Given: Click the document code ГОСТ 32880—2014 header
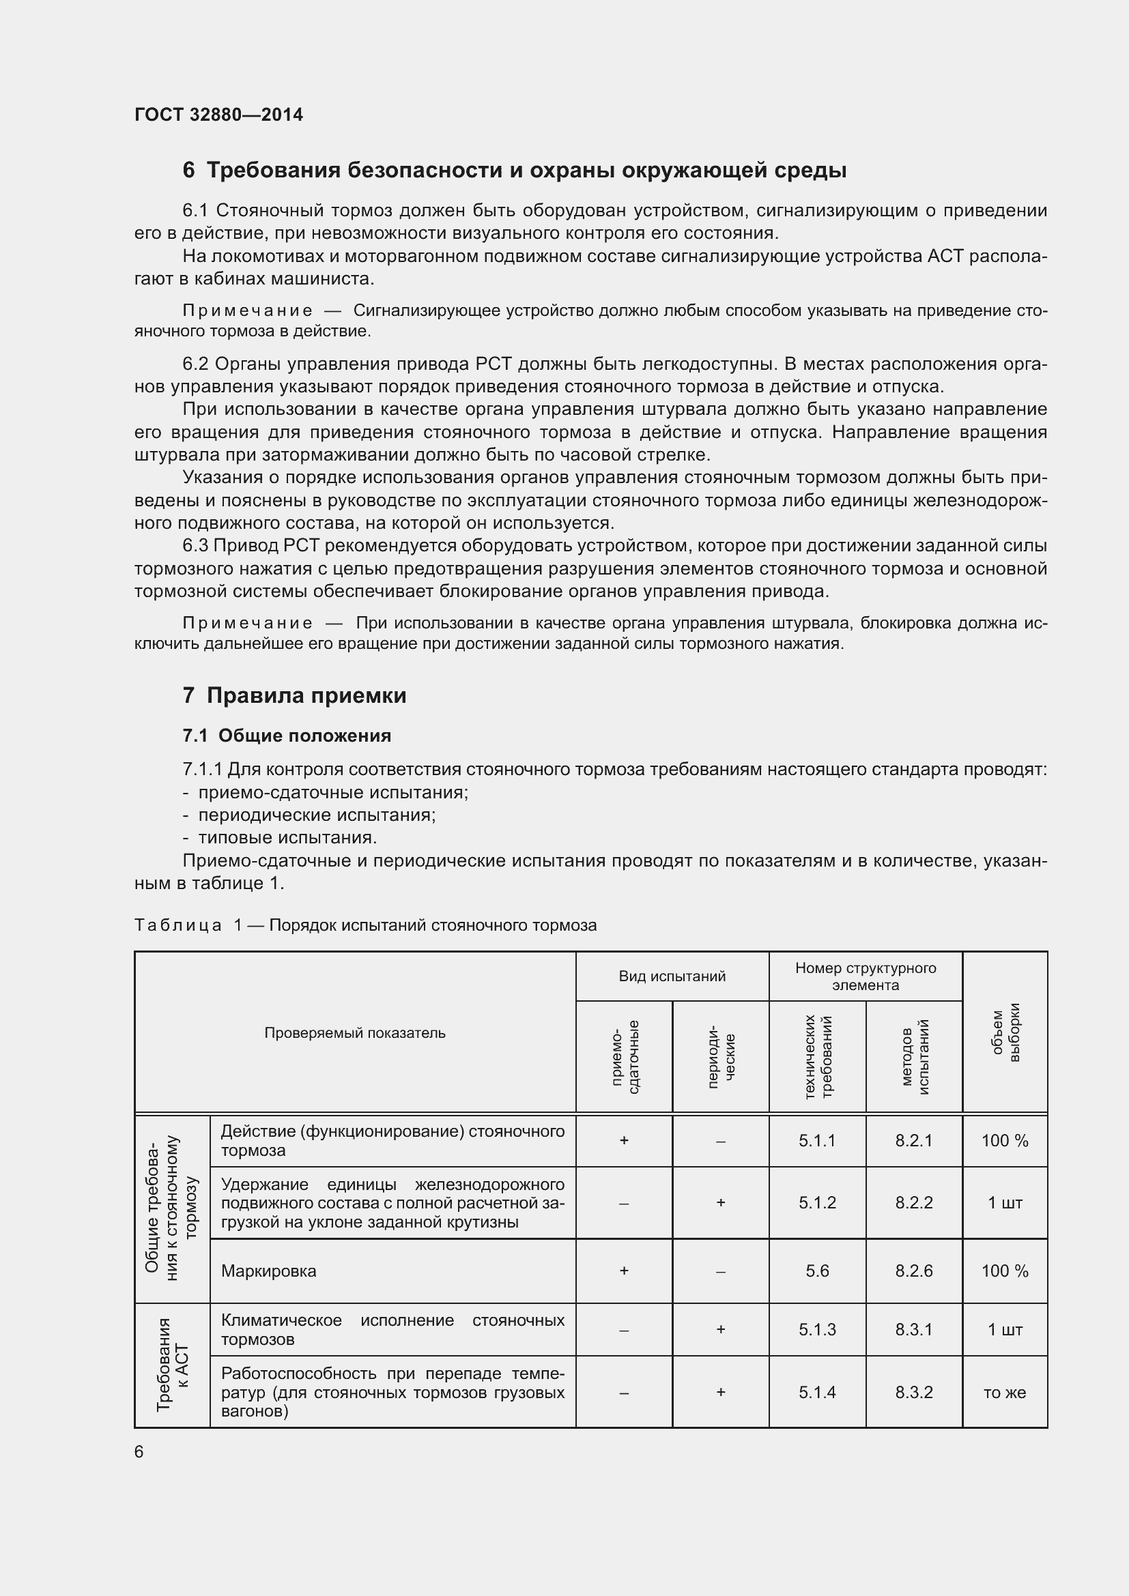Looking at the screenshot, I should click(x=218, y=115).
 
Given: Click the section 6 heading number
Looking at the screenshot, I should click(x=188, y=171).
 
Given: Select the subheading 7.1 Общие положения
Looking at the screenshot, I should click(x=287, y=736).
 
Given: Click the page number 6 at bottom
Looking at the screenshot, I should click(x=139, y=1452).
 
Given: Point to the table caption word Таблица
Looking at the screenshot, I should click(x=177, y=925).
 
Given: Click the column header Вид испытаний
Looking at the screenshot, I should click(x=672, y=976).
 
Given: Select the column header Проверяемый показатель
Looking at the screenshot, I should click(x=354, y=1033).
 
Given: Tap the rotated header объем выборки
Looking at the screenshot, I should click(x=1005, y=1033).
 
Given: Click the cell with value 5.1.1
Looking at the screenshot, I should click(x=817, y=1141).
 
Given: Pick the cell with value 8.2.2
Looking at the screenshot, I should click(x=913, y=1202).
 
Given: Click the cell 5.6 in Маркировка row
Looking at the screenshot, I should click(x=817, y=1271).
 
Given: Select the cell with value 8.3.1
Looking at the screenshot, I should click(x=913, y=1330).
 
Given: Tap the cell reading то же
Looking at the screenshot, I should click(x=1005, y=1393).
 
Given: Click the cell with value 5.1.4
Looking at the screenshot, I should click(x=817, y=1393).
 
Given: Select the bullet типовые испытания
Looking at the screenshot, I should click(x=287, y=838).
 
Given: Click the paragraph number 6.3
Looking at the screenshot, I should click(x=195, y=547).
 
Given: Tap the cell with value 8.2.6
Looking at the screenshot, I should click(x=913, y=1271).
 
